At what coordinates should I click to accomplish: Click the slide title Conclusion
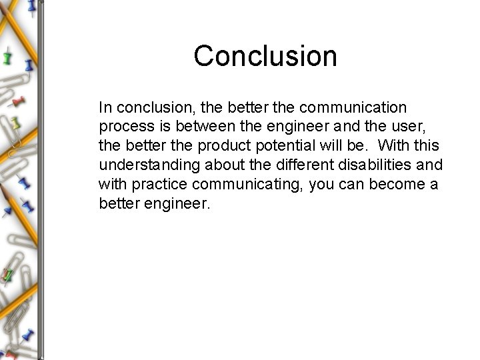click(x=265, y=56)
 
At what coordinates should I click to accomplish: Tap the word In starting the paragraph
click(x=104, y=107)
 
